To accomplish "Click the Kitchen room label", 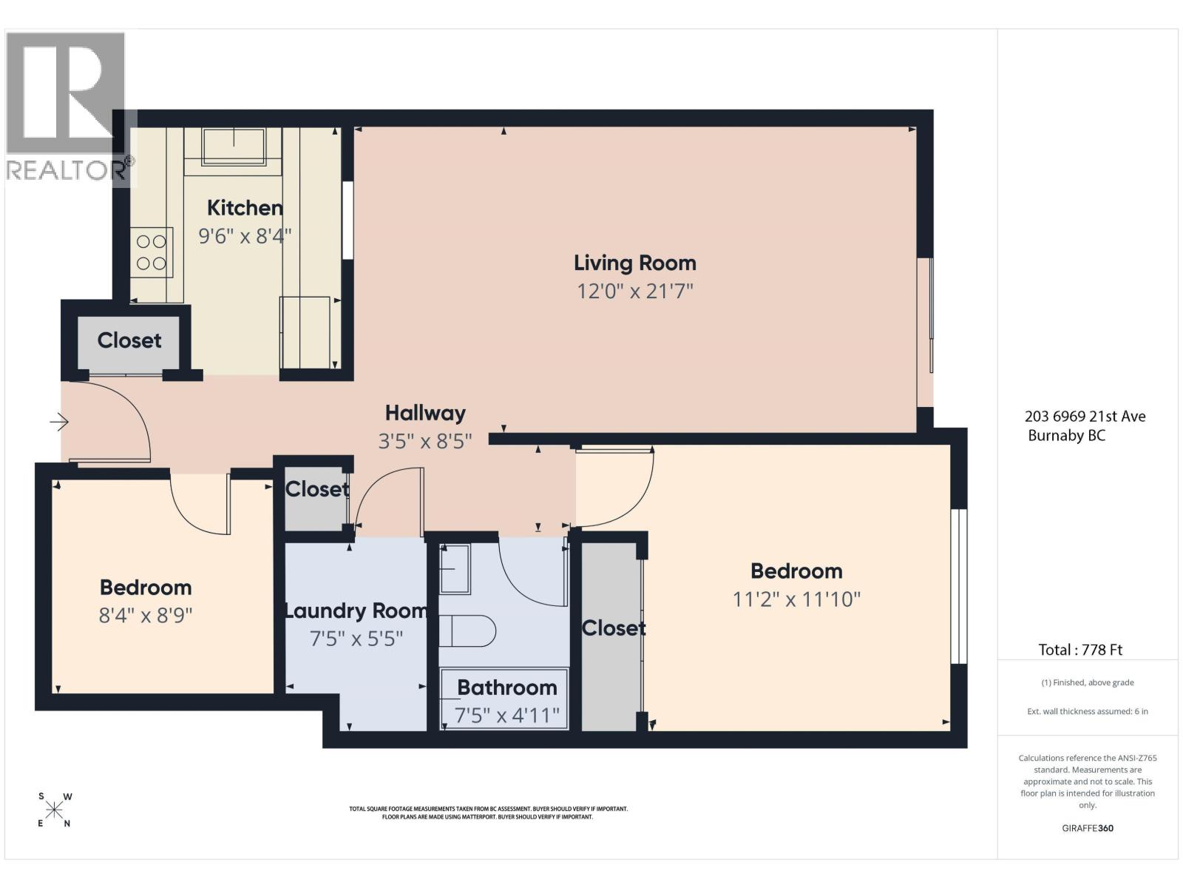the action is [245, 208].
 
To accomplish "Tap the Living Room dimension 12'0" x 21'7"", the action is [635, 292].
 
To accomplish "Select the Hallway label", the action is [425, 414].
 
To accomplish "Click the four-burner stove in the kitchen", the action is [152, 252].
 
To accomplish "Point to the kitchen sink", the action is [234, 146].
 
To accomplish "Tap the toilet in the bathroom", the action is [467, 630].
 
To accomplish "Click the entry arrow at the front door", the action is [59, 422].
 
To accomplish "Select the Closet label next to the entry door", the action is [129, 340].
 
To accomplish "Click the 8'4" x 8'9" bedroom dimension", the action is [146, 615].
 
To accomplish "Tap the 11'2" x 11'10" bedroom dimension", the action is [796, 599].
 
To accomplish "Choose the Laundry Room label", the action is [356, 611].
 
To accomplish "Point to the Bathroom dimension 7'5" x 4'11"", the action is [507, 716].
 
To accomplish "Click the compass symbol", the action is [54, 810].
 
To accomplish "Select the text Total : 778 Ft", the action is [1081, 650].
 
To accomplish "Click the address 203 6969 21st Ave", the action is [1085, 416].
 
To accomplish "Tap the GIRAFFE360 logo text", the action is [1088, 828].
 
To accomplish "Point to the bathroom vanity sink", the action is [455, 569].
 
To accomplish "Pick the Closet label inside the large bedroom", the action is [614, 628].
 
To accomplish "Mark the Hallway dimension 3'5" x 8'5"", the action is [425, 442].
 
